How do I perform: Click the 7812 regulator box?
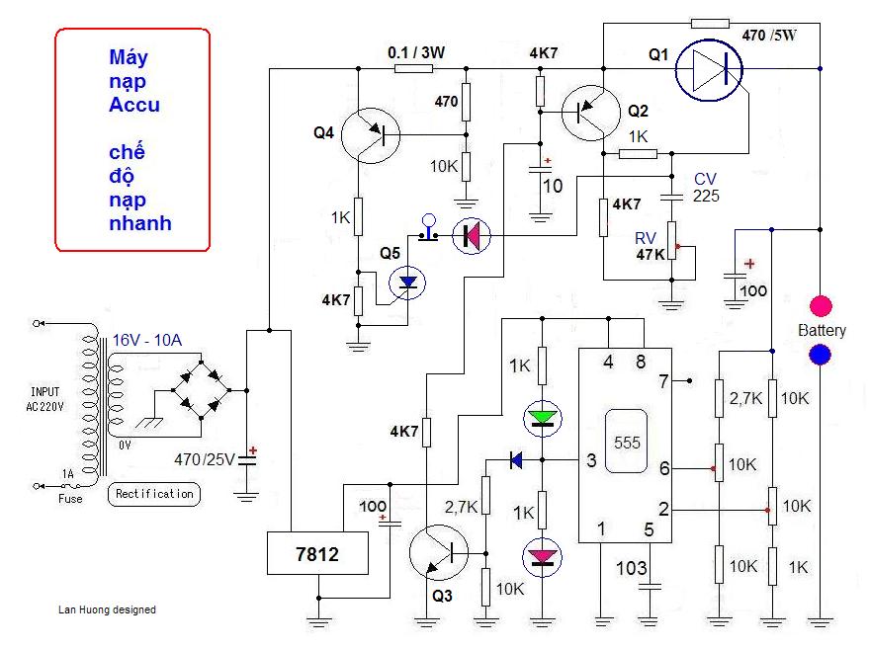(x=317, y=554)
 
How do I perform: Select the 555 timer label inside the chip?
(x=627, y=443)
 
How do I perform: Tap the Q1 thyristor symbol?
(x=710, y=68)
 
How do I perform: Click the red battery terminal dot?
(x=821, y=305)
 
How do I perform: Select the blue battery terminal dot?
(x=821, y=355)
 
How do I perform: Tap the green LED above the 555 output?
(x=541, y=418)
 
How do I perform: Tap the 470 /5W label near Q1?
(x=768, y=36)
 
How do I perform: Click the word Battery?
(x=822, y=330)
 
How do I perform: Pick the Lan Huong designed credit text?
(x=107, y=609)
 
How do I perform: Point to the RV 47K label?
(x=648, y=246)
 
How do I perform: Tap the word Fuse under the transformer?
(x=69, y=499)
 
